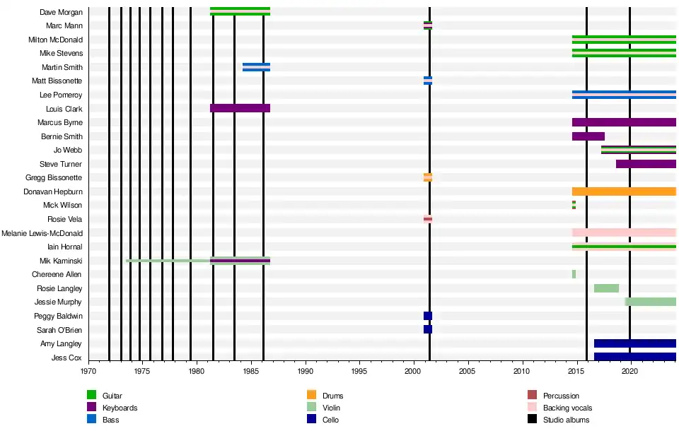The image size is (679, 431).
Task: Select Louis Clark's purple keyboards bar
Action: pyautogui.click(x=240, y=108)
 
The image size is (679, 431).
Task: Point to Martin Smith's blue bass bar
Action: pyautogui.click(x=256, y=67)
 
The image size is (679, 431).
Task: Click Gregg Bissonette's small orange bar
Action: pyautogui.click(x=428, y=177)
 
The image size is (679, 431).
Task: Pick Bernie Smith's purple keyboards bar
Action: pyautogui.click(x=588, y=136)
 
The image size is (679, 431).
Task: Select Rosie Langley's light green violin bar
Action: pyautogui.click(x=606, y=288)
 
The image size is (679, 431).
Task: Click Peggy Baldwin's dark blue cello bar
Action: pyautogui.click(x=428, y=316)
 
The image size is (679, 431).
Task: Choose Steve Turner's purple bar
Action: pyautogui.click(x=646, y=164)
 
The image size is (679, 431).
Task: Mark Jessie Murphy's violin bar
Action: pyautogui.click(x=650, y=302)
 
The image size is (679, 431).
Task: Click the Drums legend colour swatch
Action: pyautogui.click(x=311, y=396)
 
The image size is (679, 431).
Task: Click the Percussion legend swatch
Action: pyautogui.click(x=533, y=396)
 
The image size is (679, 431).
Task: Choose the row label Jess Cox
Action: pyautogui.click(x=67, y=358)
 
